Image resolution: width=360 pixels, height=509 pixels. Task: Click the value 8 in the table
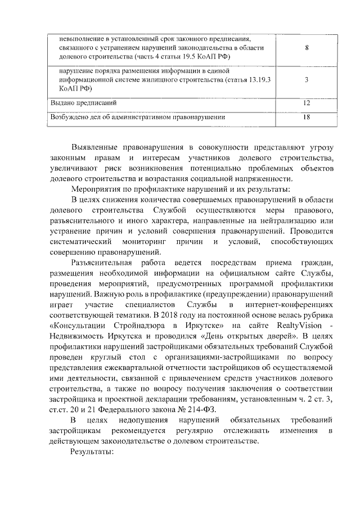306,48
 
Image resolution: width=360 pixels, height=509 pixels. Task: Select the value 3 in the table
306,80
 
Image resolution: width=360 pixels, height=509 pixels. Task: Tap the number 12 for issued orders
306,103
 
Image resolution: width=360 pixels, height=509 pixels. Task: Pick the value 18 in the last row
306,118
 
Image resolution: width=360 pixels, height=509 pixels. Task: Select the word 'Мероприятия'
98,190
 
